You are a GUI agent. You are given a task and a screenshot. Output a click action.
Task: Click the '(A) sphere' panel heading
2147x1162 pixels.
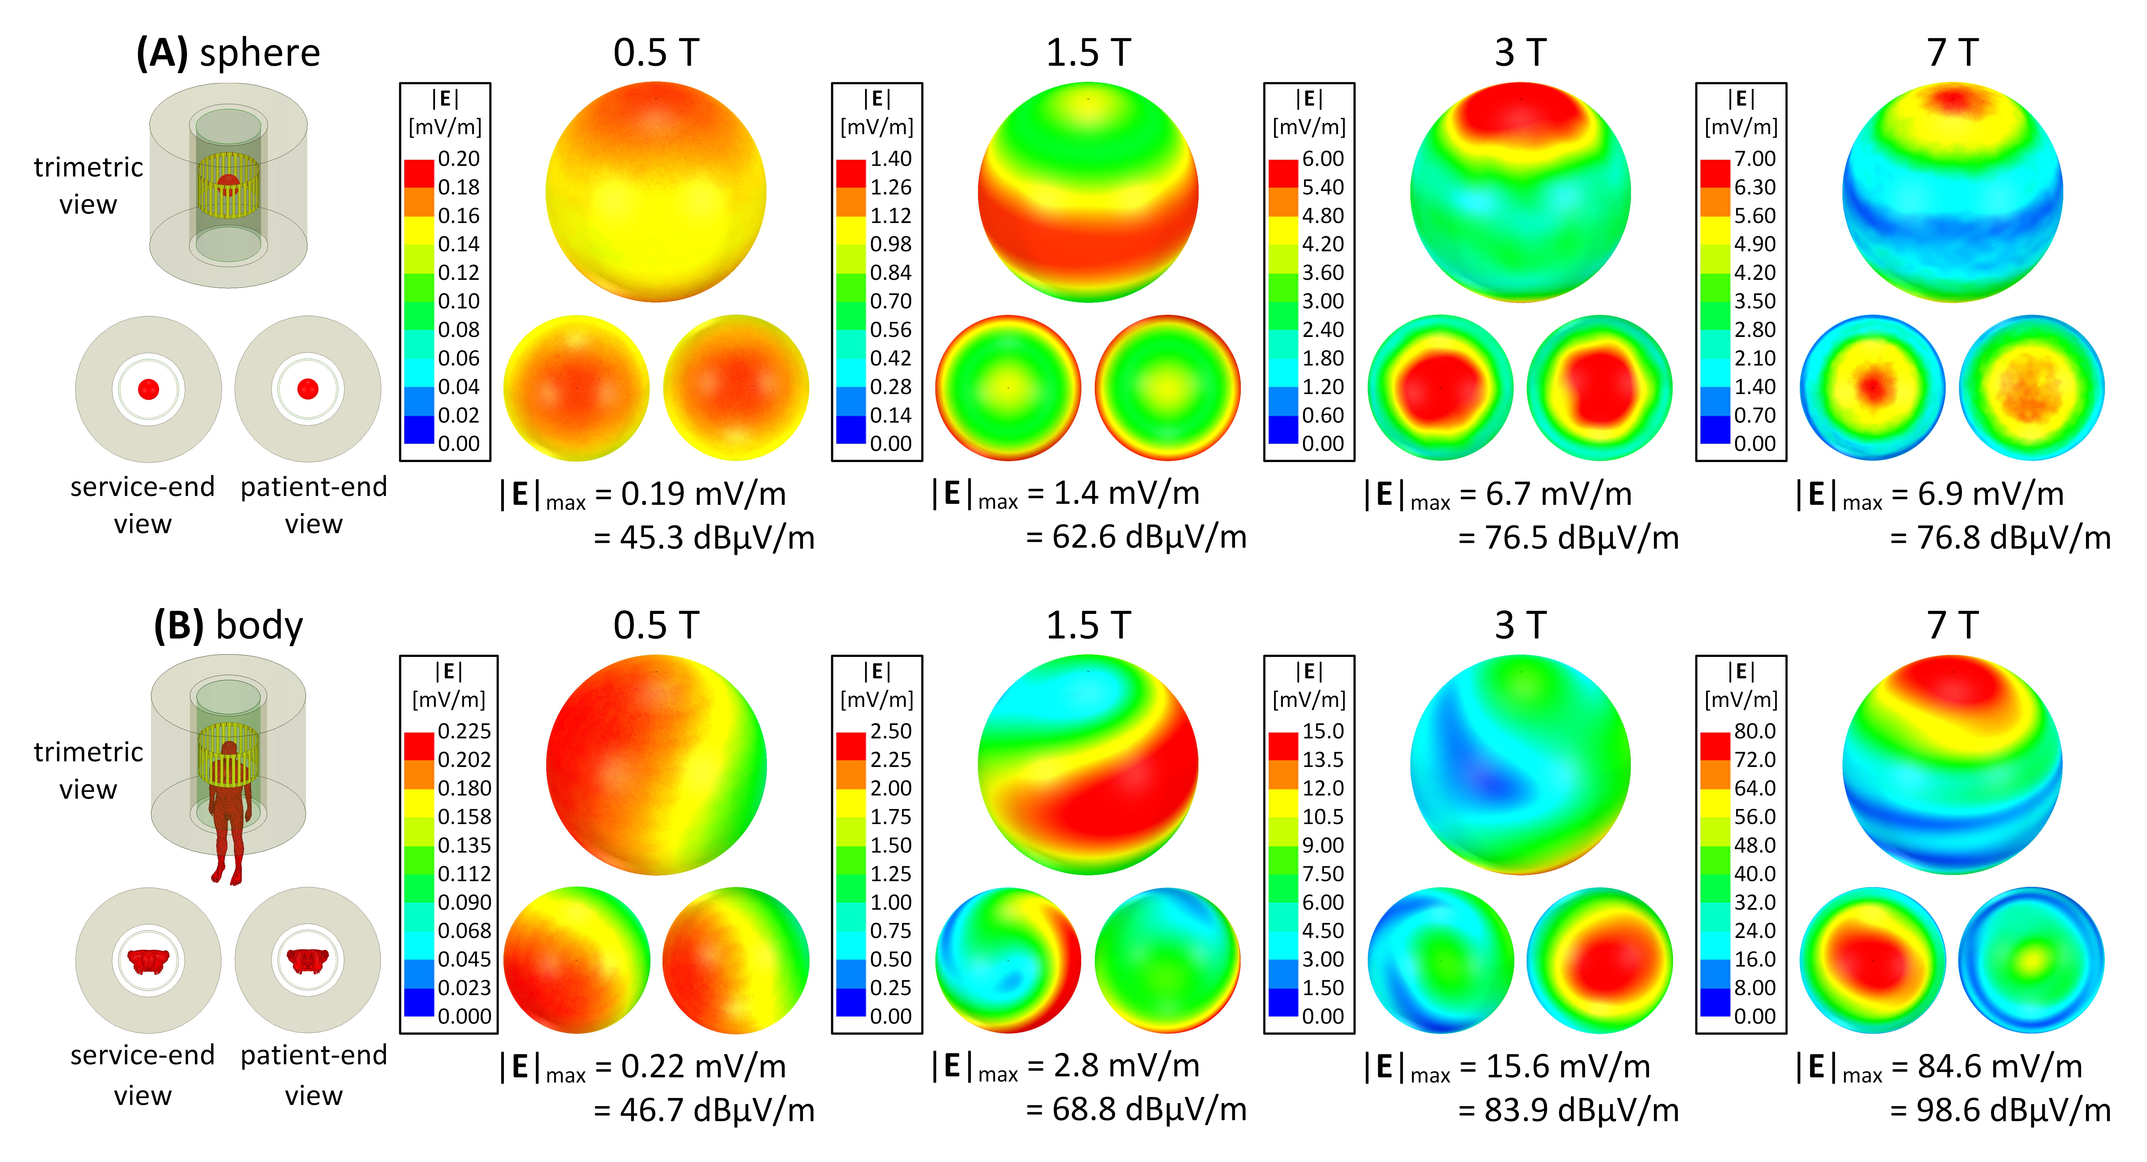click(x=228, y=53)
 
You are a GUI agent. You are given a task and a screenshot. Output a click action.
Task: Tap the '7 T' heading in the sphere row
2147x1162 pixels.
click(x=1952, y=53)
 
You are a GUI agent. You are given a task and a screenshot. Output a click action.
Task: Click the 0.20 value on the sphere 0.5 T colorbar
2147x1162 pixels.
click(x=458, y=158)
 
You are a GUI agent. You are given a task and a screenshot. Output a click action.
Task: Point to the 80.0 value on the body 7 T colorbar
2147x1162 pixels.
click(x=1755, y=731)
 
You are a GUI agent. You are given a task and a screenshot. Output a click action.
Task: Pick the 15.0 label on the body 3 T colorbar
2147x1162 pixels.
click(x=1323, y=731)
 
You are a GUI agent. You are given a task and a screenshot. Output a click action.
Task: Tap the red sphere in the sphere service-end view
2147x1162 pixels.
click(x=148, y=389)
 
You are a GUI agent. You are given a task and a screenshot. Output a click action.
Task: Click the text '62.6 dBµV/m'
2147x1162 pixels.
click(x=1149, y=538)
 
